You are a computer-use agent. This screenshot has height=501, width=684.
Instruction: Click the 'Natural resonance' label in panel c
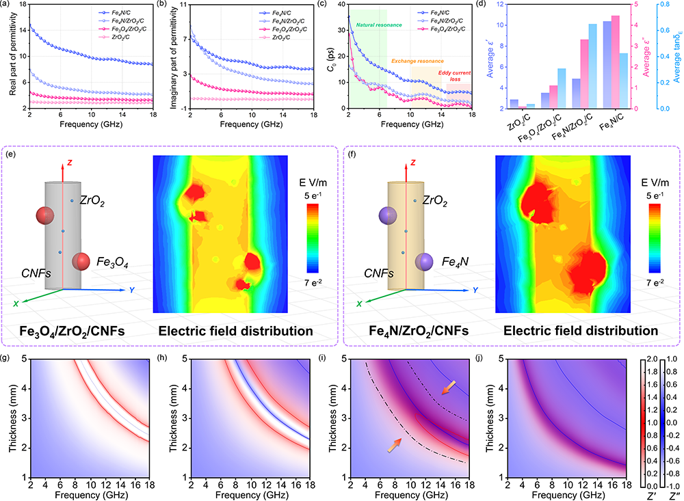[377, 25]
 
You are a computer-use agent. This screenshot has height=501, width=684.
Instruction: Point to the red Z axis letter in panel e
[69, 164]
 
